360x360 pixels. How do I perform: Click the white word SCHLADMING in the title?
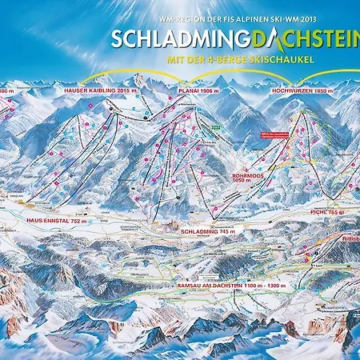click(165, 38)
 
